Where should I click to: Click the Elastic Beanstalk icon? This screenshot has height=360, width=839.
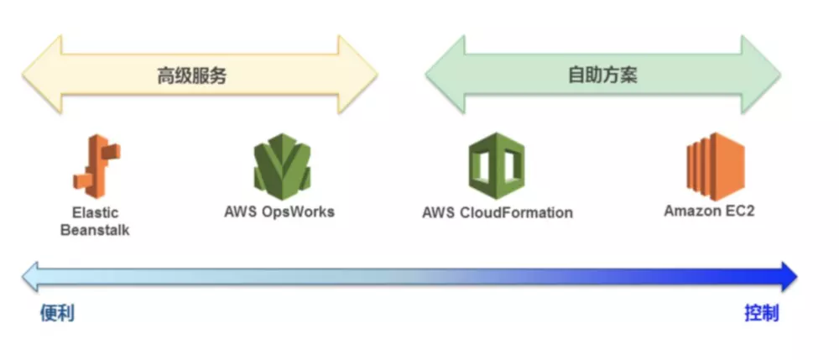coord(95,166)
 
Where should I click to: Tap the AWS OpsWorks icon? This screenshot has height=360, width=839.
coord(282,166)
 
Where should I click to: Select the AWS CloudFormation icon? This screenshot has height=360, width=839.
coord(497,166)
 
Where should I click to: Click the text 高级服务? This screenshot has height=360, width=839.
coord(192,76)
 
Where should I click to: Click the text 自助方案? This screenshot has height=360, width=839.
coord(602,75)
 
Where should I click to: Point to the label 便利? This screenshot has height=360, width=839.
coord(57,314)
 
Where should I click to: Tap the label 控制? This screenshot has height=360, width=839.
coord(762,314)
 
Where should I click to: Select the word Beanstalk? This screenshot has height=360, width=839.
coord(95,230)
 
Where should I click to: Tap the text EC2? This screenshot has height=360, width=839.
coord(738,211)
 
